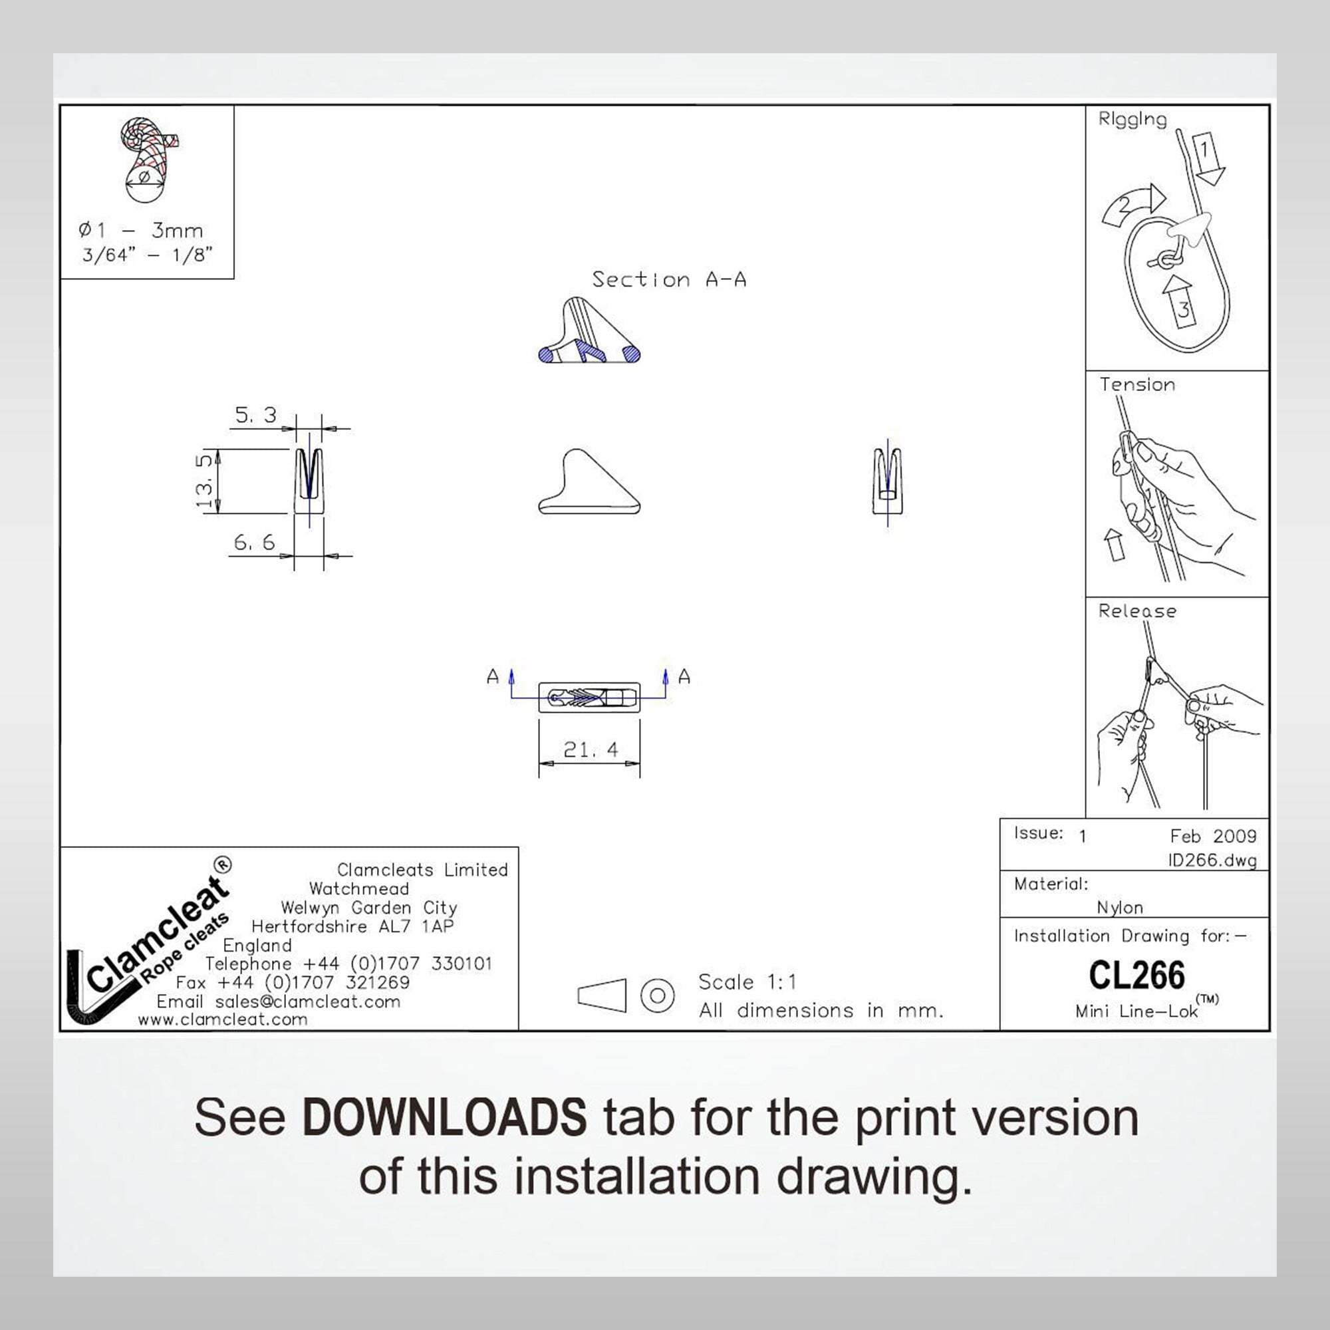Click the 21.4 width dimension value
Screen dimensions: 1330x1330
(x=590, y=749)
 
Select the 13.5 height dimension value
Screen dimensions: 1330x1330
(x=204, y=481)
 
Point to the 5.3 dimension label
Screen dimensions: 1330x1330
(x=255, y=415)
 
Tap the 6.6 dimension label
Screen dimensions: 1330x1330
(x=254, y=543)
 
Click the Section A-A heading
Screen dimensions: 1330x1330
(x=668, y=279)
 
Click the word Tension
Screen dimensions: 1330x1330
(x=1136, y=385)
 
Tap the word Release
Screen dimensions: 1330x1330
(x=1136, y=611)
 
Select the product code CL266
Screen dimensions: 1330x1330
(x=1136, y=976)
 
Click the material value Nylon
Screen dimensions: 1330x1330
(x=1119, y=908)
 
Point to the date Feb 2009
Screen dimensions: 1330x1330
(x=1213, y=837)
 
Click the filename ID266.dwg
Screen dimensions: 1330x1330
(x=1212, y=861)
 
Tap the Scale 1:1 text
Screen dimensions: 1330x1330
(x=747, y=982)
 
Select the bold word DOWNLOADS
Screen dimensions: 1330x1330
(x=444, y=1118)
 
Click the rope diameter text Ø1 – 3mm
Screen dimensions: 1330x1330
(x=141, y=231)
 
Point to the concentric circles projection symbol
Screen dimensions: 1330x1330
(x=657, y=996)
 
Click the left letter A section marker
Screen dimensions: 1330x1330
(x=493, y=677)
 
